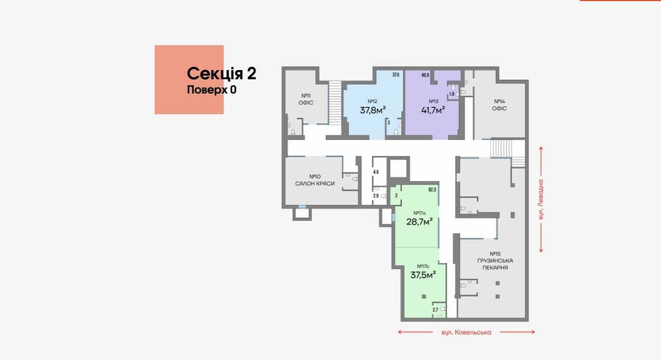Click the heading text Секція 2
[221, 73]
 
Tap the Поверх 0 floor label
[212, 90]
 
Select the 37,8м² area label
[372, 110]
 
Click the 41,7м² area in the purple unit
[434, 110]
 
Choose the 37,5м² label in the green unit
[424, 275]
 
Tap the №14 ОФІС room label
[499, 105]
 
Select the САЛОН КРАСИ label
[315, 183]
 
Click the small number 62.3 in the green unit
[432, 190]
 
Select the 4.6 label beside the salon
[375, 172]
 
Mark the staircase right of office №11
[336, 102]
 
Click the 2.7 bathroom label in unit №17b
[436, 309]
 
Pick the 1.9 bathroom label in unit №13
[451, 94]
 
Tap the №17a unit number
[418, 212]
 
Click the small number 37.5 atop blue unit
[395, 75]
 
